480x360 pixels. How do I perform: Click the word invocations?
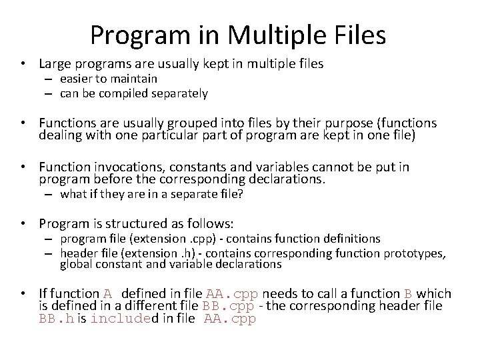[120, 167]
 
